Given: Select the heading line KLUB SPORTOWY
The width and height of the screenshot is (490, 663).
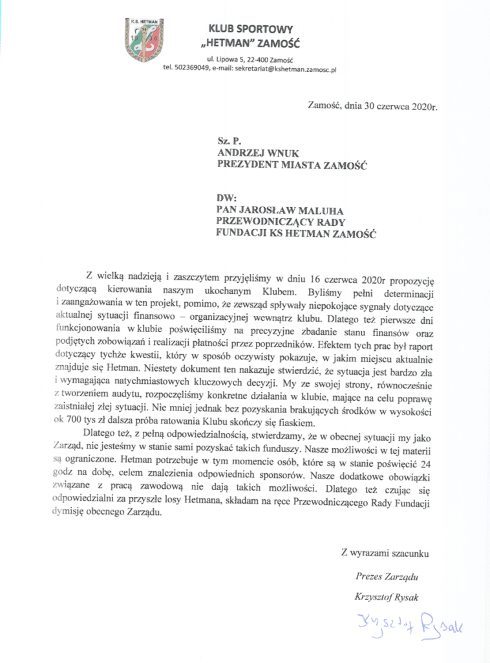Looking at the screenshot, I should (250, 29).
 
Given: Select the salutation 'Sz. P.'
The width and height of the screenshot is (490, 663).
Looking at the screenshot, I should (228, 139).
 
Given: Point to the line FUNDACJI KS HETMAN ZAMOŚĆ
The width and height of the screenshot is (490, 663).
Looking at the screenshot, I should (297, 234).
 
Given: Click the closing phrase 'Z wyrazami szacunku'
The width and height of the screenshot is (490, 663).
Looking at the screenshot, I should (384, 554).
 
